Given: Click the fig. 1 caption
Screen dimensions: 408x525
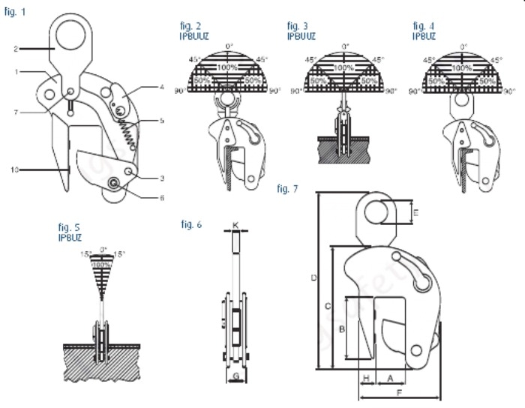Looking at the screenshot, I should (x=13, y=13).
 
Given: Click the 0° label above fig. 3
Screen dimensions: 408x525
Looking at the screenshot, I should (x=344, y=47).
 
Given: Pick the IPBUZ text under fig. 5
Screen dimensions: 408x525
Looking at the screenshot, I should (x=70, y=238).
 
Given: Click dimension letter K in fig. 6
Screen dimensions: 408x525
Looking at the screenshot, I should (x=235, y=224).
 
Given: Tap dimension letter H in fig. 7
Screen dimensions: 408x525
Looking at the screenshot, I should (x=366, y=376).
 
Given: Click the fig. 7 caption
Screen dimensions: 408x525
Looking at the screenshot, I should (x=286, y=188).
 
